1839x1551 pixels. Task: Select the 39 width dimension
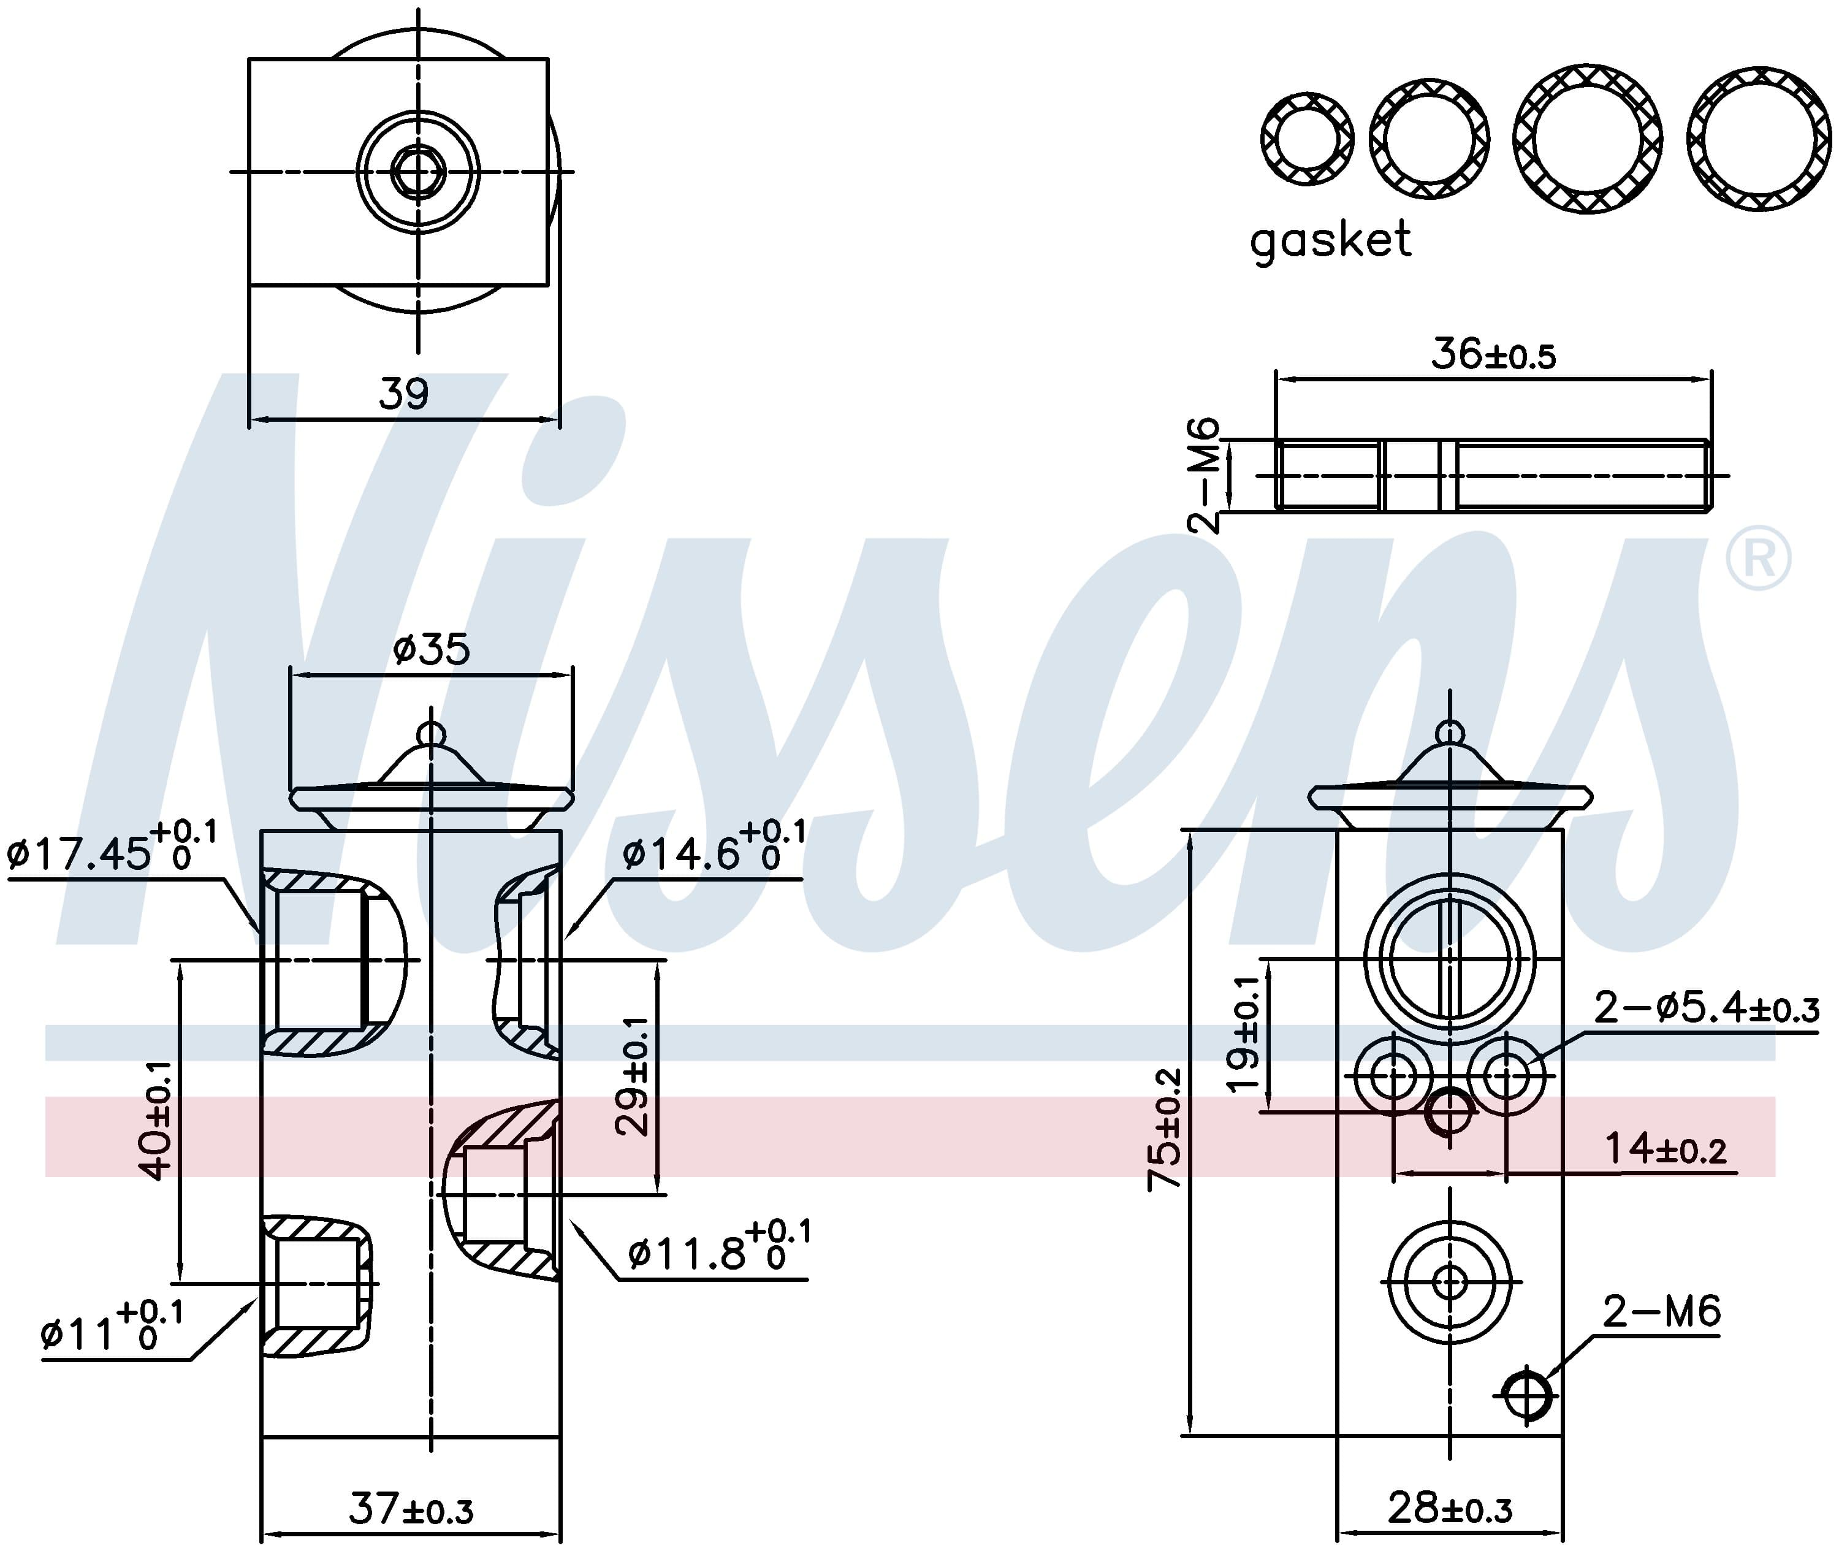[403, 395]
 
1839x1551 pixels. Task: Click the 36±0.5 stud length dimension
[1493, 354]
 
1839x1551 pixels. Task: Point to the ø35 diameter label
[431, 650]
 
